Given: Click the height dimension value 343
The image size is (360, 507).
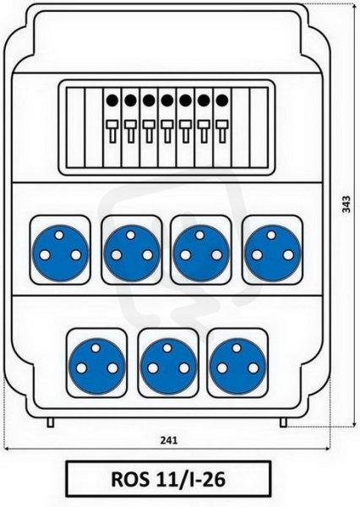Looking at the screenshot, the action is pyautogui.click(x=346, y=204).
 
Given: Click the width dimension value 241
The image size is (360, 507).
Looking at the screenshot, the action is pyautogui.click(x=169, y=440).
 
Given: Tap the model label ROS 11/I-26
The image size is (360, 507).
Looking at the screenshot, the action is pyautogui.click(x=168, y=479).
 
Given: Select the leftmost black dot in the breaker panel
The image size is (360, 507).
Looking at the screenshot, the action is pyautogui.click(x=112, y=101).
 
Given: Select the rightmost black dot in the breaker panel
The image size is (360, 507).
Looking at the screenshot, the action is pyautogui.click(x=222, y=101).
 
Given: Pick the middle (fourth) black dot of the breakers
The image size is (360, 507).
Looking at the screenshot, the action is pyautogui.click(x=166, y=101).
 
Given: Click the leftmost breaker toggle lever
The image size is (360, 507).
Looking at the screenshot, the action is pyautogui.click(x=112, y=131).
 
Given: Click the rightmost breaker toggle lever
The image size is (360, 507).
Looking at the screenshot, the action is pyautogui.click(x=222, y=131).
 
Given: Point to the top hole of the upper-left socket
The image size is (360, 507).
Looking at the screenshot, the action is pyautogui.click(x=59, y=235).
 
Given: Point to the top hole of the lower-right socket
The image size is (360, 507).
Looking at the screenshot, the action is pyautogui.click(x=237, y=348).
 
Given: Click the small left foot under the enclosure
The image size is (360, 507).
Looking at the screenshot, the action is pyautogui.click(x=51, y=422).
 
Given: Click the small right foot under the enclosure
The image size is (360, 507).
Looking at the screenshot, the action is pyautogui.click(x=283, y=422).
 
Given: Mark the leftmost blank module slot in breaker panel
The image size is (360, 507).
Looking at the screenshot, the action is pyautogui.click(x=75, y=128).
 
